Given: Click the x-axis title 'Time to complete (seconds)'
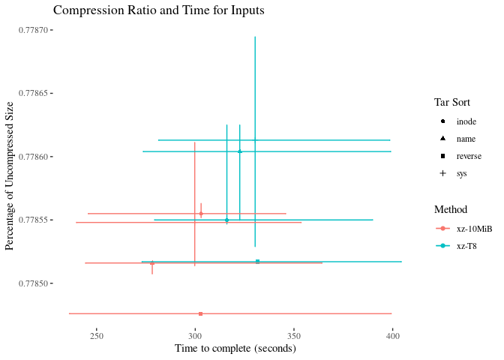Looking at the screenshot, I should coord(235,349).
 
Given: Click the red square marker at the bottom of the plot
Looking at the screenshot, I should coord(200,313).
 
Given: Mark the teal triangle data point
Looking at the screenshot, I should coord(240,151).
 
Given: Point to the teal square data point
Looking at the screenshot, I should coord(257,261).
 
